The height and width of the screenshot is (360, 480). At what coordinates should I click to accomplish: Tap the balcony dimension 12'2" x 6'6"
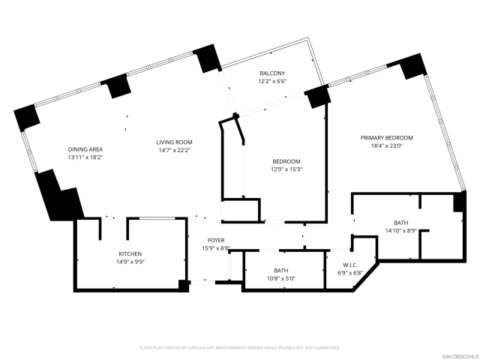(272, 82)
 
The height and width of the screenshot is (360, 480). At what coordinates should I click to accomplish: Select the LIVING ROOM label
(175, 142)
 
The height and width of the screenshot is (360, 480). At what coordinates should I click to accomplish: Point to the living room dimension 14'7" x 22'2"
(175, 151)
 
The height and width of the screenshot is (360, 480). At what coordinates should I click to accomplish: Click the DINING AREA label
(85, 149)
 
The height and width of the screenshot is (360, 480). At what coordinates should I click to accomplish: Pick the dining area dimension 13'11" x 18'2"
(85, 157)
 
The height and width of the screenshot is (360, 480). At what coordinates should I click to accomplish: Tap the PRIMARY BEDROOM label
(386, 138)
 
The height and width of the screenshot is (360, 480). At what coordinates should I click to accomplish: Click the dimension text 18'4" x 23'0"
(386, 146)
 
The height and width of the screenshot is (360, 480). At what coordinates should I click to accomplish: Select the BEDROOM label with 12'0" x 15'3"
(286, 161)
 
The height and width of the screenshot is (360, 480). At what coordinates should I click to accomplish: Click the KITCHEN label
(130, 254)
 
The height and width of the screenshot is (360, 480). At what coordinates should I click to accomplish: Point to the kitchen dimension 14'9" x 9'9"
(130, 262)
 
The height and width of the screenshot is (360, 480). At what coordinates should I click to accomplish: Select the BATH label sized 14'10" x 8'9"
(401, 223)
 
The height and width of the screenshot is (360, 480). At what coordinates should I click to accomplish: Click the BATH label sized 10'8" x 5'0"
(281, 270)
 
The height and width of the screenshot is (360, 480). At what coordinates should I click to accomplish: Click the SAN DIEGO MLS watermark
(457, 355)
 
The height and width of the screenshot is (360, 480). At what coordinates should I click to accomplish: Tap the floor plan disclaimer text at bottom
(240, 348)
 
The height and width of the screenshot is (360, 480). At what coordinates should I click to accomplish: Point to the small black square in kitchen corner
(183, 283)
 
